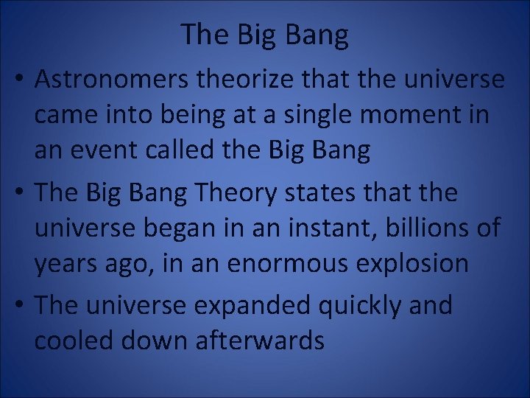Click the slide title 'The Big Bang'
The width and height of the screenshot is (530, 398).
point(264,34)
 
